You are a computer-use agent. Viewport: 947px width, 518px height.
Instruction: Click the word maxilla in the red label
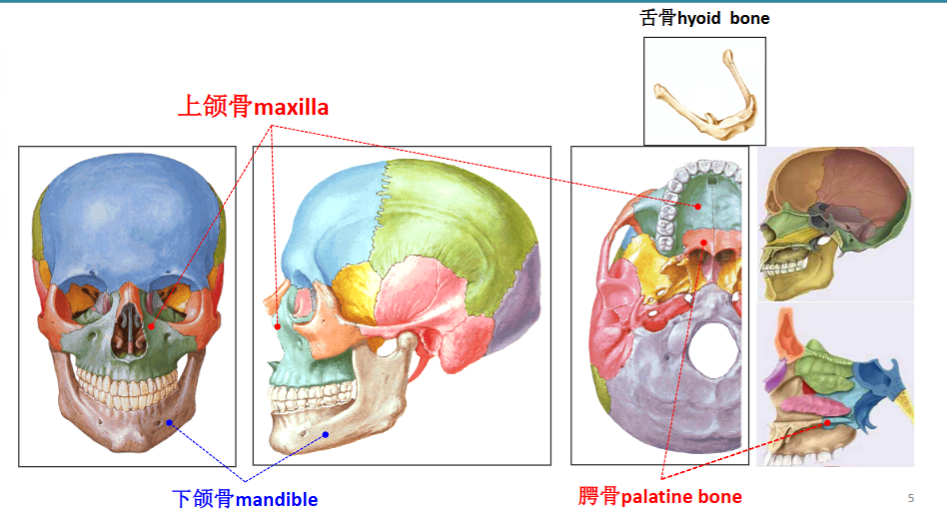coord(291,108)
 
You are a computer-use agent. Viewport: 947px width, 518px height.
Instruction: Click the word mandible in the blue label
coord(277,499)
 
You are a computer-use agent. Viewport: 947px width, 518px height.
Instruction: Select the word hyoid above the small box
coord(699,19)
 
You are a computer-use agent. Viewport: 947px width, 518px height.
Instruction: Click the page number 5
coord(911,498)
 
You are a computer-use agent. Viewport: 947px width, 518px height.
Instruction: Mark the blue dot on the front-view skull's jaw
coord(170,422)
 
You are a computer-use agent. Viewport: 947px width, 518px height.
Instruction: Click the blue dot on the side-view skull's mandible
coord(326,435)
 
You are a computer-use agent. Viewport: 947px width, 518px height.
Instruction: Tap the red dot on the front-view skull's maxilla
coord(151,326)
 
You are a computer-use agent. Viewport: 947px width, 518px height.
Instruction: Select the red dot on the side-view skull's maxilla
coord(278,326)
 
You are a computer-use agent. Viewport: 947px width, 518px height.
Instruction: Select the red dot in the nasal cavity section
coord(827,422)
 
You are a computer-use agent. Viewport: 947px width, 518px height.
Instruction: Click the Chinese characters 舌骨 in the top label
coord(657,18)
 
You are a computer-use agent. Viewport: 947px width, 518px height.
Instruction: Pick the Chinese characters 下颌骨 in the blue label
coord(203,499)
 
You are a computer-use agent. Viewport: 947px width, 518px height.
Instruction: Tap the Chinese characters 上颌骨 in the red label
coord(215,106)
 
